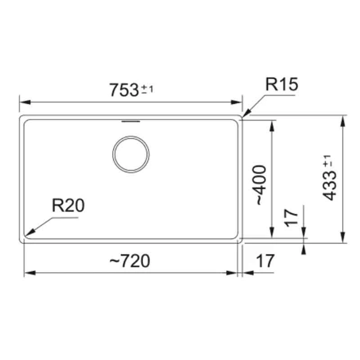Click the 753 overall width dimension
[124, 90]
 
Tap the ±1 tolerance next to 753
[148, 89]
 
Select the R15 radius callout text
[281, 85]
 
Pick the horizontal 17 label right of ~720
[265, 261]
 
